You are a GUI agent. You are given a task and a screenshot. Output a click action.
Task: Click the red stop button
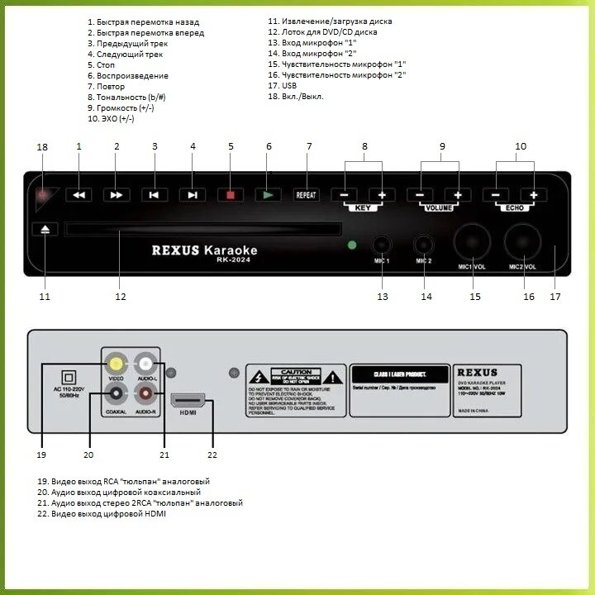tap(231, 195)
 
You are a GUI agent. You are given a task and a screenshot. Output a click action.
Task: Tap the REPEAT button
tap(307, 195)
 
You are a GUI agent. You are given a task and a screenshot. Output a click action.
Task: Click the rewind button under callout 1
tap(79, 195)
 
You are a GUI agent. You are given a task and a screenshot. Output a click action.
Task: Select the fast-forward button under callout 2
tap(117, 195)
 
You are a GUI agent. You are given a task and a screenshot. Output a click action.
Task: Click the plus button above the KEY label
tap(382, 195)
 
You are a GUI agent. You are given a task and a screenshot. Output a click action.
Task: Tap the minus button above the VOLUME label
tap(420, 195)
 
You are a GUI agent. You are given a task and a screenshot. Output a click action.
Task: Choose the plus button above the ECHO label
tap(534, 195)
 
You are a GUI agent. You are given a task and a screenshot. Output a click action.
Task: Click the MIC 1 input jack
tap(382, 245)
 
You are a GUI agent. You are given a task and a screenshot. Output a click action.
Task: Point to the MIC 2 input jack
tap(424, 245)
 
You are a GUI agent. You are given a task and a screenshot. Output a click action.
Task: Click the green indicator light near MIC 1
tap(353, 245)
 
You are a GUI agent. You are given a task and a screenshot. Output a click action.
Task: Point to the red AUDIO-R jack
tap(147, 394)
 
